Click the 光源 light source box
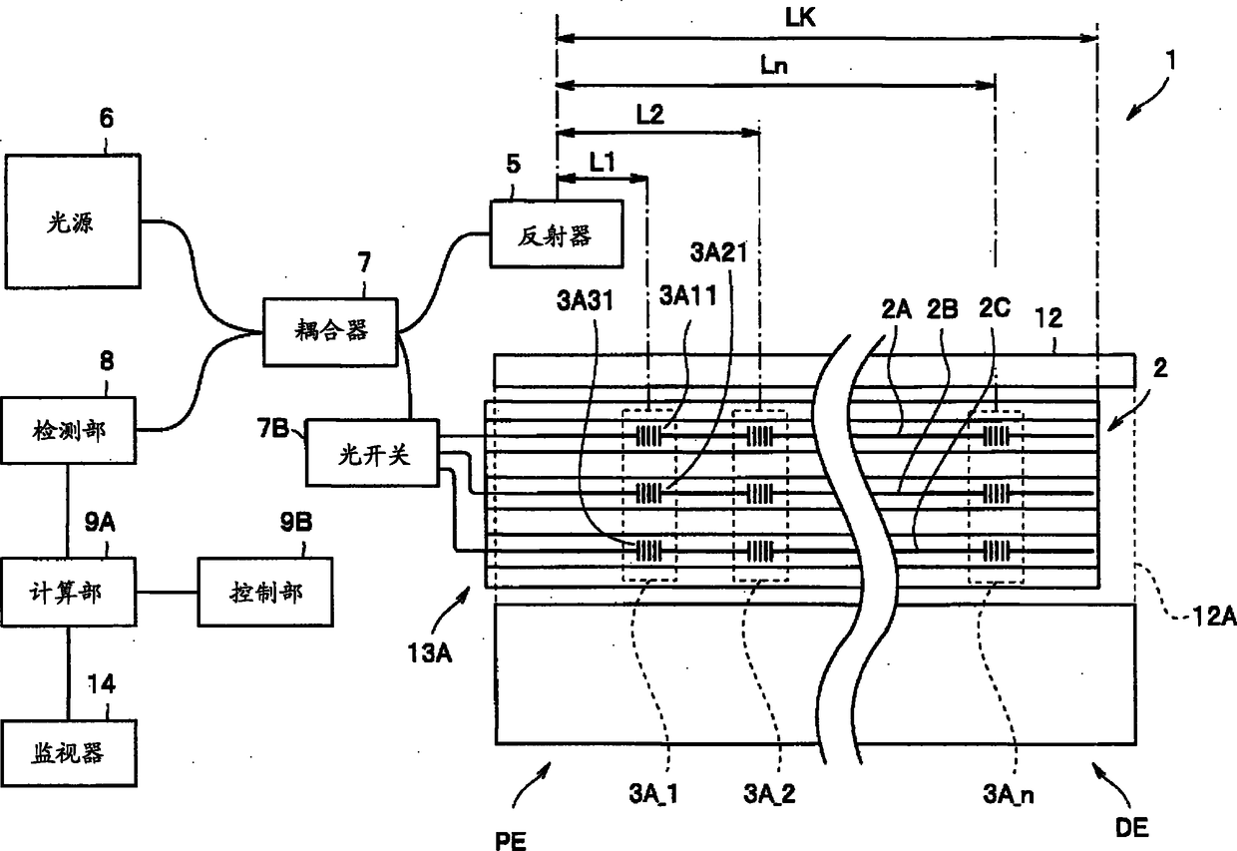point(73,220)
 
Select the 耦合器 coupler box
point(330,332)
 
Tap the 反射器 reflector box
point(557,233)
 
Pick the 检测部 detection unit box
point(69,430)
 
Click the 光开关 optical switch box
point(373,453)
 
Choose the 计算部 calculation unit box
point(69,592)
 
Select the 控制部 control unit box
point(265,592)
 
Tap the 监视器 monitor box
point(69,752)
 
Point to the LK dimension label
point(800,18)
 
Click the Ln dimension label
point(774,66)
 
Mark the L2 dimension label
point(650,115)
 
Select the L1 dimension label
point(602,163)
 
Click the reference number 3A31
point(586,301)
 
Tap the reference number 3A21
point(718,252)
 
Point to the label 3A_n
point(1008,794)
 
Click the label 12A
point(1214,616)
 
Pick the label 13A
point(430,652)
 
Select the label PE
point(511,840)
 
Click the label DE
point(1132,827)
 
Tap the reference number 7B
point(272,428)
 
